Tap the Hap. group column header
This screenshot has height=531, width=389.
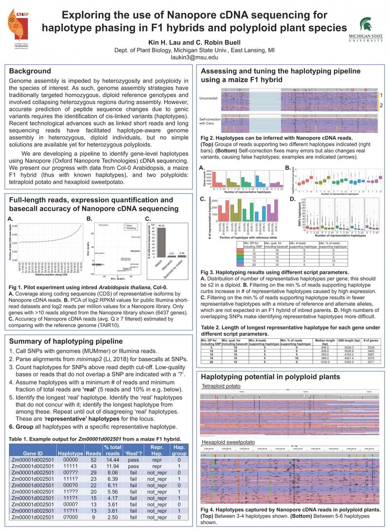point(179,450)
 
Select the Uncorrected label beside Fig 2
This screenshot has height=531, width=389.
point(208,98)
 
